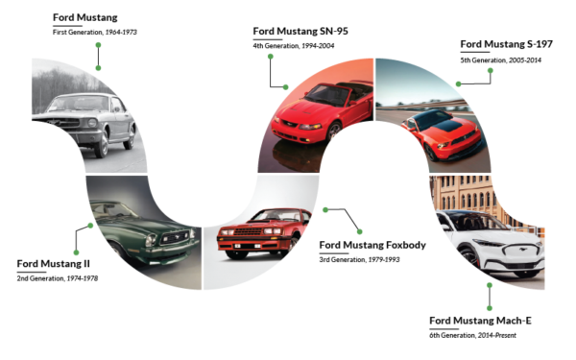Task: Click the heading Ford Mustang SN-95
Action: tap(300, 31)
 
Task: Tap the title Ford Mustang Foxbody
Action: tap(372, 245)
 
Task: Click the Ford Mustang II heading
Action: tap(54, 263)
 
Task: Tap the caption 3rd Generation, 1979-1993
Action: tap(358, 259)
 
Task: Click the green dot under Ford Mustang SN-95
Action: tap(271, 56)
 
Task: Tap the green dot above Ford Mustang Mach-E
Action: tap(489, 284)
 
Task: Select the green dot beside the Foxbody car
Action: tap(325, 209)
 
